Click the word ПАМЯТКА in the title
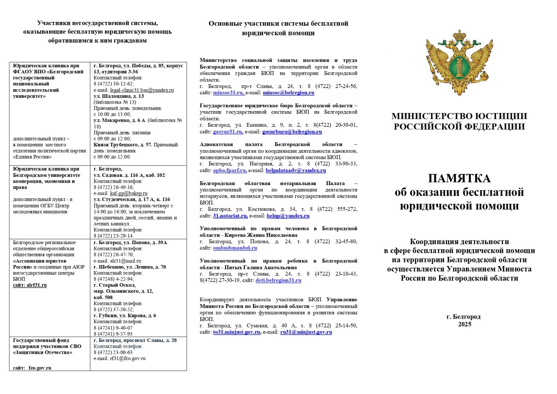coord(459,178)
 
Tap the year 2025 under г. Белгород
coord(465,324)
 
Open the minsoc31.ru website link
coord(228,93)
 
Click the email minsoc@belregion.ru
coord(288,93)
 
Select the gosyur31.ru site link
coord(228,132)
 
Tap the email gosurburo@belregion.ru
coord(292,132)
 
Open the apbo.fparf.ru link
coord(230,171)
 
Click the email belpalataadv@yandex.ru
coord(296,171)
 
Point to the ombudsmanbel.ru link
coord(235,248)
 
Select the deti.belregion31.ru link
coord(278,281)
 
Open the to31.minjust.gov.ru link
coord(236,332)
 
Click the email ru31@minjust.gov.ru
coord(306,332)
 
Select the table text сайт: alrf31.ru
coord(30,285)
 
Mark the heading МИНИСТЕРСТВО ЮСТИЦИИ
coord(459,116)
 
